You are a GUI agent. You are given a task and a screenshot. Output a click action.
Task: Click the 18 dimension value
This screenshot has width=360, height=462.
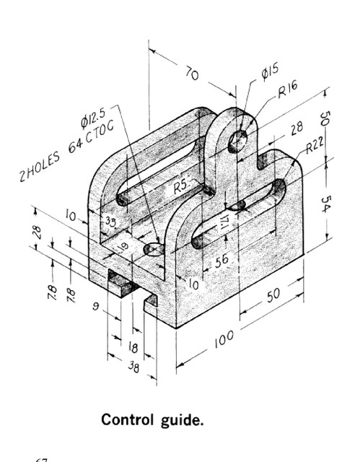tap(133, 346)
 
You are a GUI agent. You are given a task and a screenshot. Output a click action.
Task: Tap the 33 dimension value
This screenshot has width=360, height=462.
tap(110, 222)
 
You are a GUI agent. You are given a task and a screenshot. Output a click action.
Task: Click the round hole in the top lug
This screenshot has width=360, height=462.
tap(238, 140)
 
